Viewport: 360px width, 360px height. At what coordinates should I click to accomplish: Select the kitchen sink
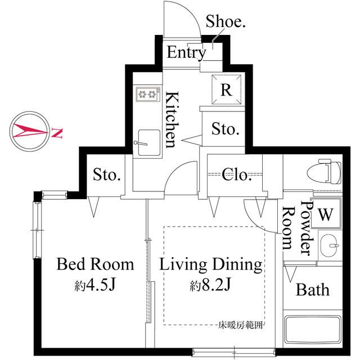tap(147, 138)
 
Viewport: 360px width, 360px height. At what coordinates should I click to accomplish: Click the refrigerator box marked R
tap(225, 89)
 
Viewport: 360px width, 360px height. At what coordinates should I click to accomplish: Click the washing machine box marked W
tap(326, 214)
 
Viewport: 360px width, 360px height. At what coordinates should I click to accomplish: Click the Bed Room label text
tap(96, 264)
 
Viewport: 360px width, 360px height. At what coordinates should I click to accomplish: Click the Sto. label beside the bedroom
tap(107, 175)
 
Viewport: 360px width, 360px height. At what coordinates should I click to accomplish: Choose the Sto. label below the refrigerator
tap(226, 130)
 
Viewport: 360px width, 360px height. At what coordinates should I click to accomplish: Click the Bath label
tap(313, 290)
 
